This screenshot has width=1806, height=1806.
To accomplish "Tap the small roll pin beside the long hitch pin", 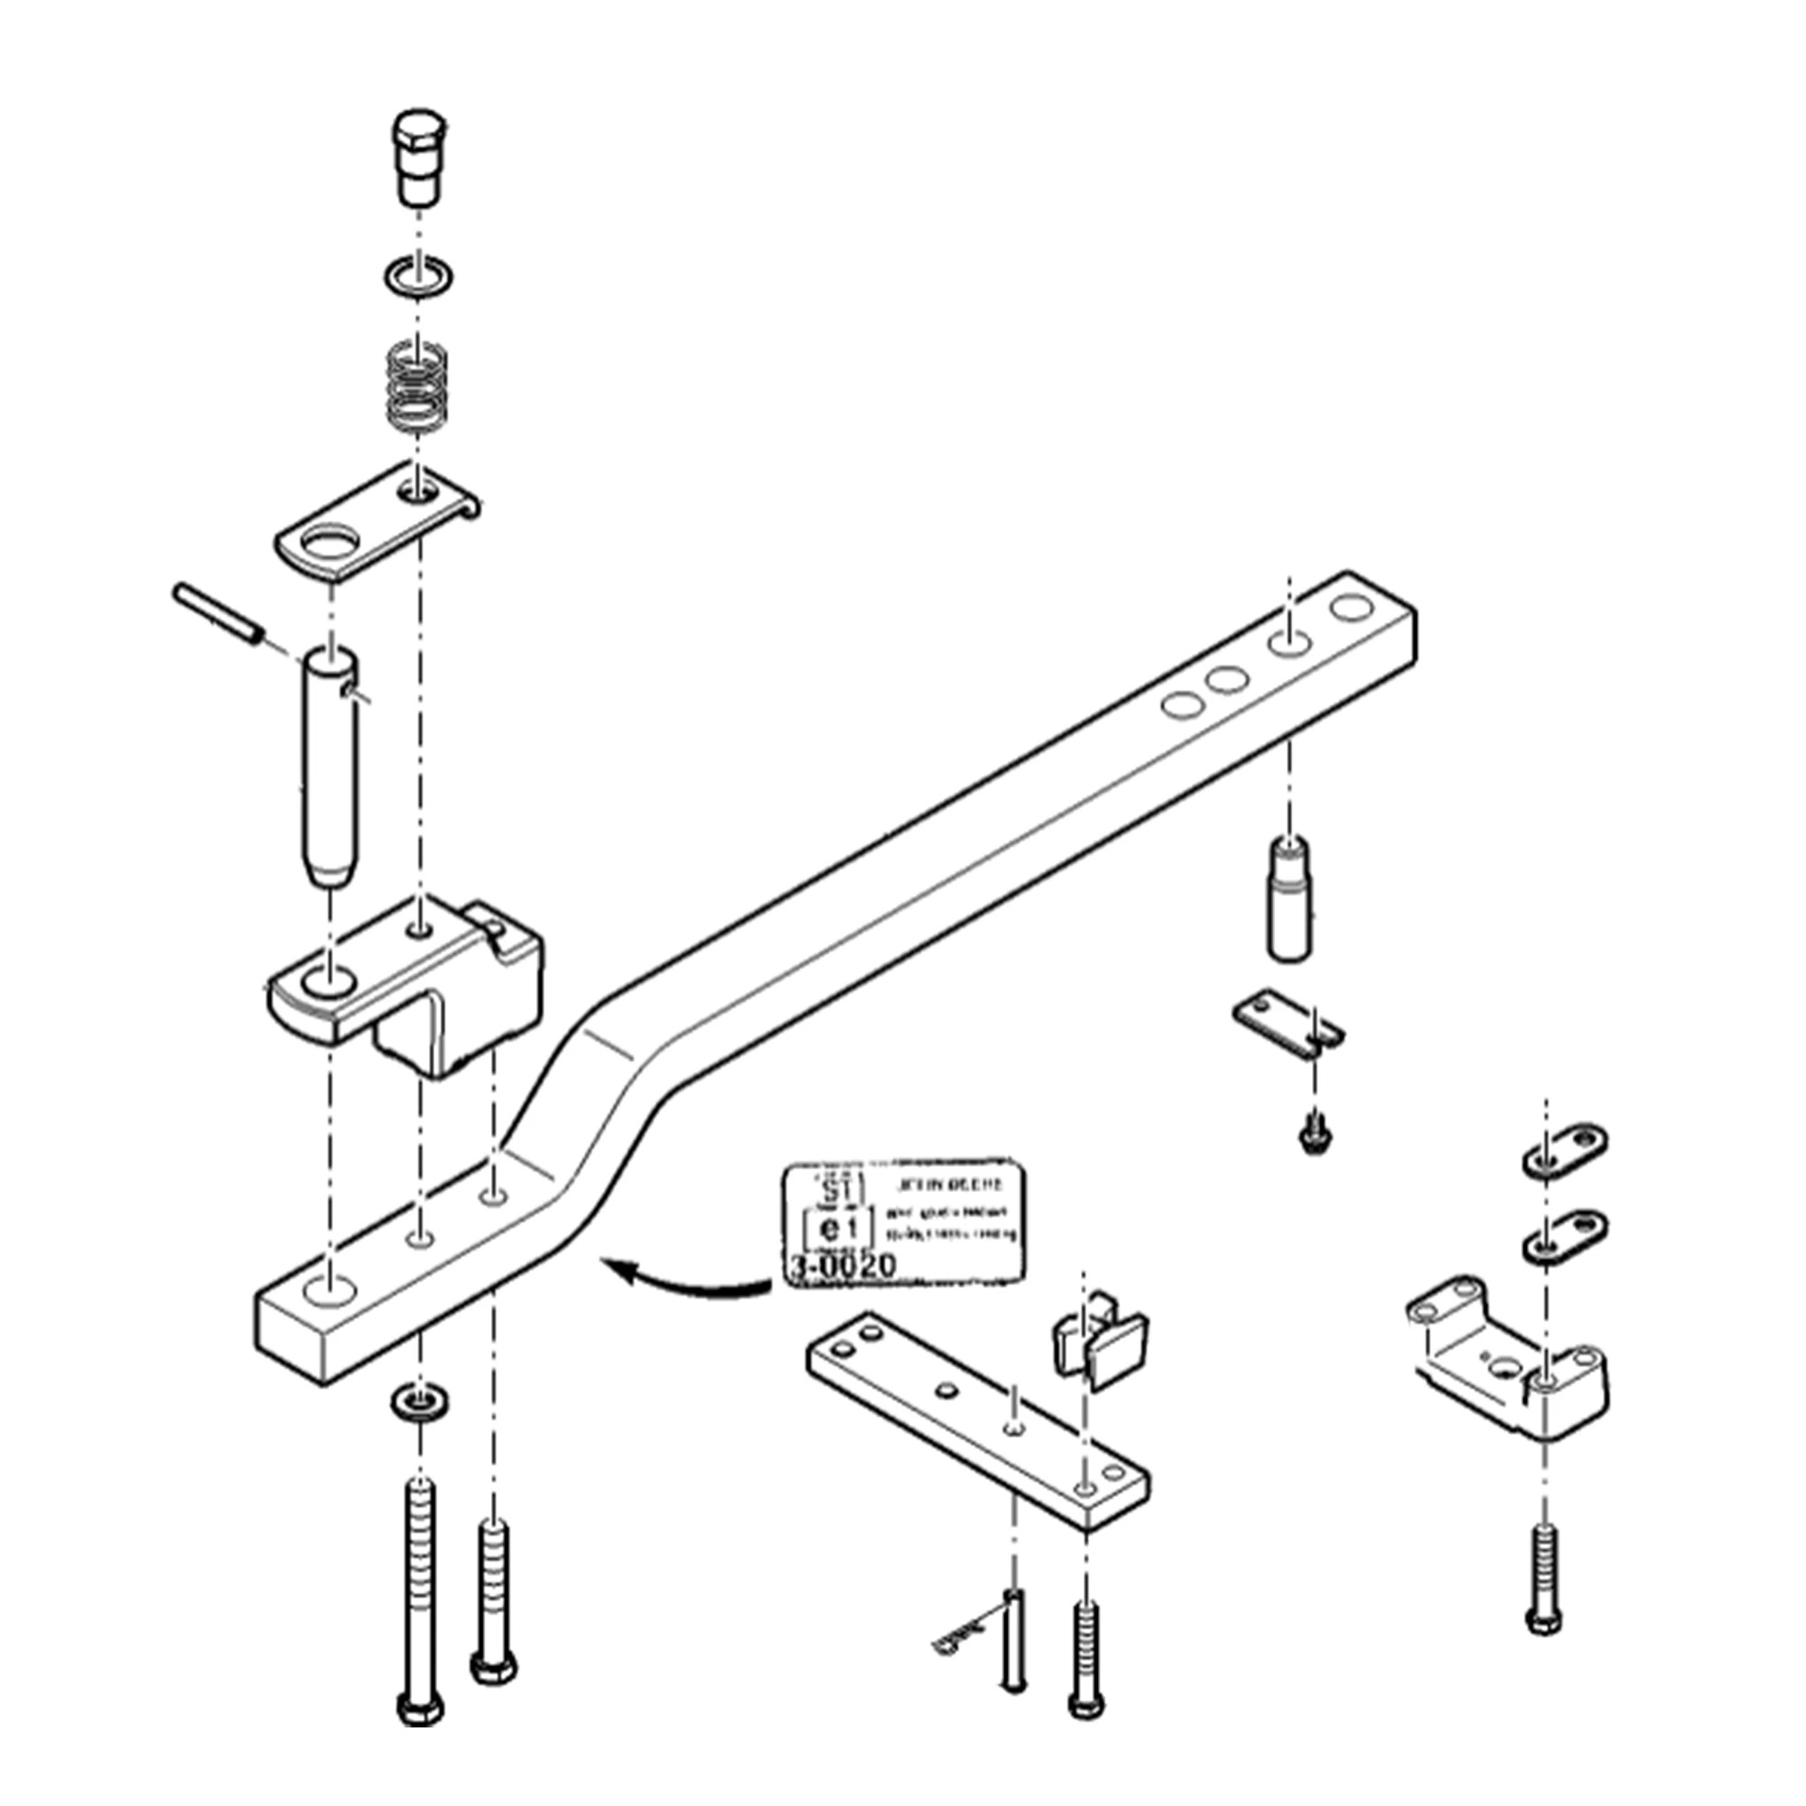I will [x=216, y=613].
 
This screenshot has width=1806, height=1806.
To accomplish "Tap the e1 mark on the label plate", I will [x=837, y=1227].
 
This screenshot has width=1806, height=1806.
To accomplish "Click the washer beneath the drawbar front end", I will [x=418, y=1401].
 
